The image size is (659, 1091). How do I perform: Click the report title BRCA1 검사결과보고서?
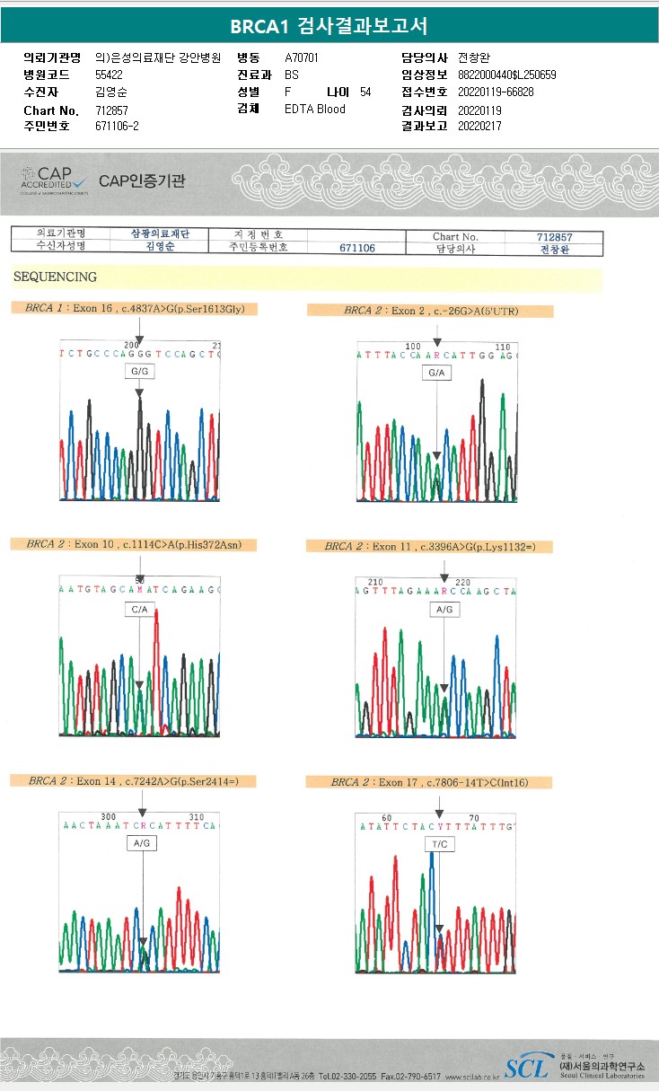tap(329, 25)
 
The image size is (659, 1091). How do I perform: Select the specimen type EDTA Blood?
tap(314, 110)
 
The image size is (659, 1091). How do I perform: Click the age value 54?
tap(365, 92)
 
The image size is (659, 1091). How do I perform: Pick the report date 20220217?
tap(479, 127)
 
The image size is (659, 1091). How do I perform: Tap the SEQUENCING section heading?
tap(56, 277)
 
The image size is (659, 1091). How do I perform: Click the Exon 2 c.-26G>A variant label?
tap(431, 311)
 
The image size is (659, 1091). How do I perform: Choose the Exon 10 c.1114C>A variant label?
tap(128, 544)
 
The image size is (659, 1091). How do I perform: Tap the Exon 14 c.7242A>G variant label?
tap(129, 781)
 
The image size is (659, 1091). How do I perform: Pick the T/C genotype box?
tap(439, 844)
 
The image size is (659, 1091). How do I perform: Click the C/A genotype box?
tap(139, 609)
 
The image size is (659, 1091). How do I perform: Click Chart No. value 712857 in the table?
tap(554, 237)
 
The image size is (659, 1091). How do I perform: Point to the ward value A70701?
tap(302, 57)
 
